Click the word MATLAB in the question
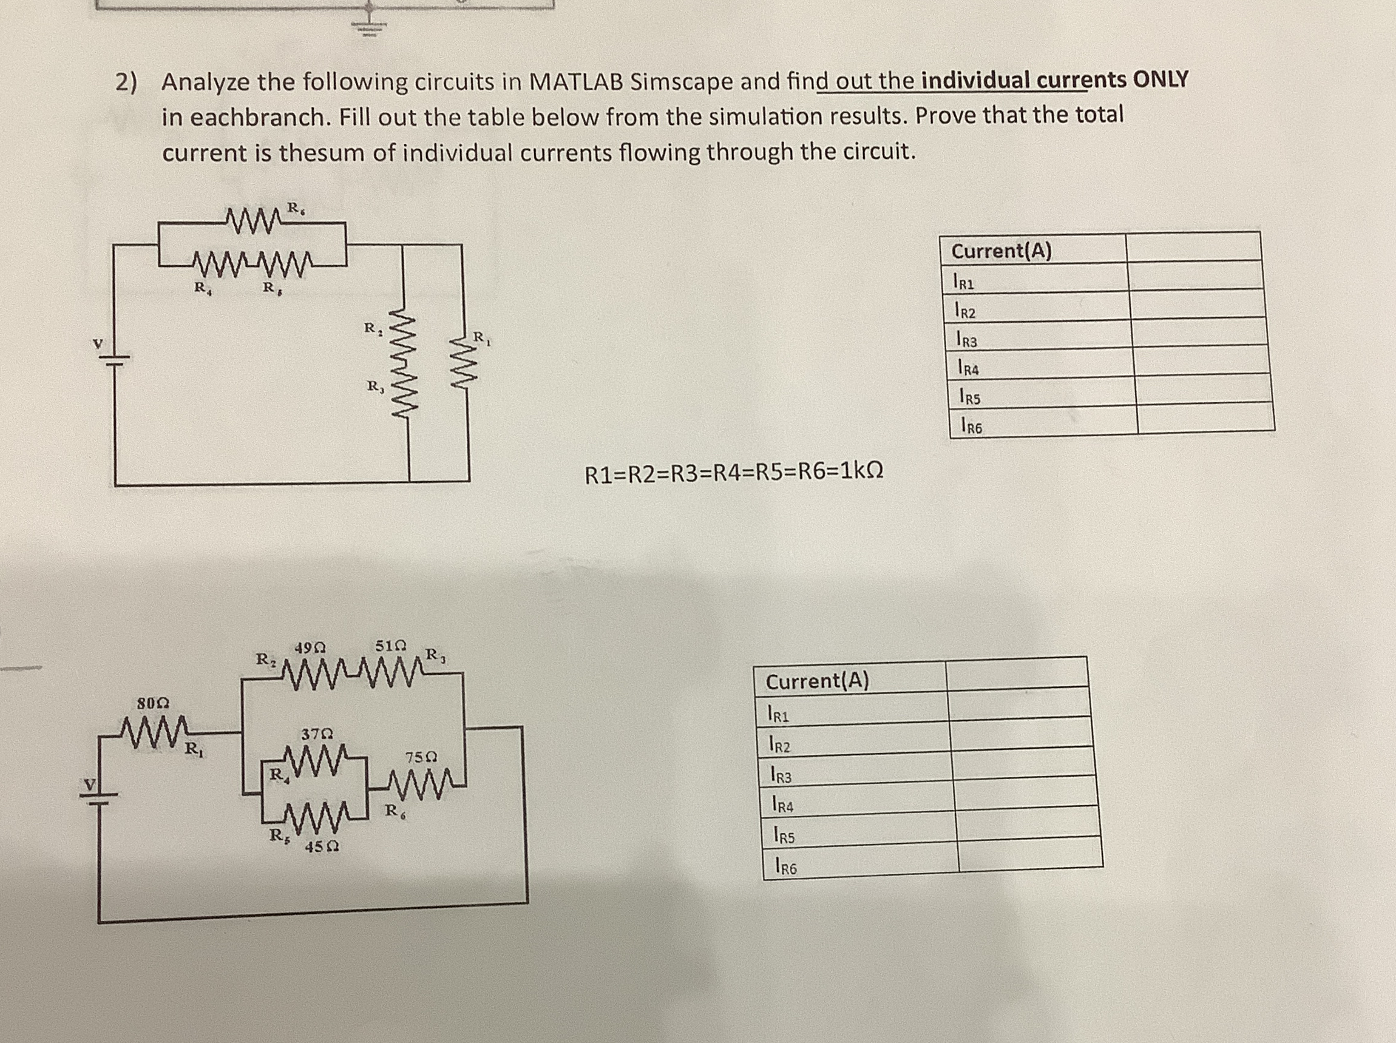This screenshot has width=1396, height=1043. (x=575, y=82)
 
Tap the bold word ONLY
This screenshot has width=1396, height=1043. (x=1161, y=79)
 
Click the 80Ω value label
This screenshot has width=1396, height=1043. (x=153, y=702)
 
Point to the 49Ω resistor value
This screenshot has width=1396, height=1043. (x=310, y=647)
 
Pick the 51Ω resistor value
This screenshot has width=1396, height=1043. (x=391, y=646)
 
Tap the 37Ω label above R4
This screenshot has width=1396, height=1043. (x=317, y=734)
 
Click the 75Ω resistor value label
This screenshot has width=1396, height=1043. (x=422, y=757)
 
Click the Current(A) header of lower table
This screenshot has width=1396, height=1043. (x=818, y=681)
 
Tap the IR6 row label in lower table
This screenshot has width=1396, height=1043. (x=786, y=868)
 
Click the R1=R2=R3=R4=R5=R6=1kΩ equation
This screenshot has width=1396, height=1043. (x=734, y=472)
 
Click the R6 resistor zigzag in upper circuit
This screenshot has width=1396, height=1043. (x=248, y=221)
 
